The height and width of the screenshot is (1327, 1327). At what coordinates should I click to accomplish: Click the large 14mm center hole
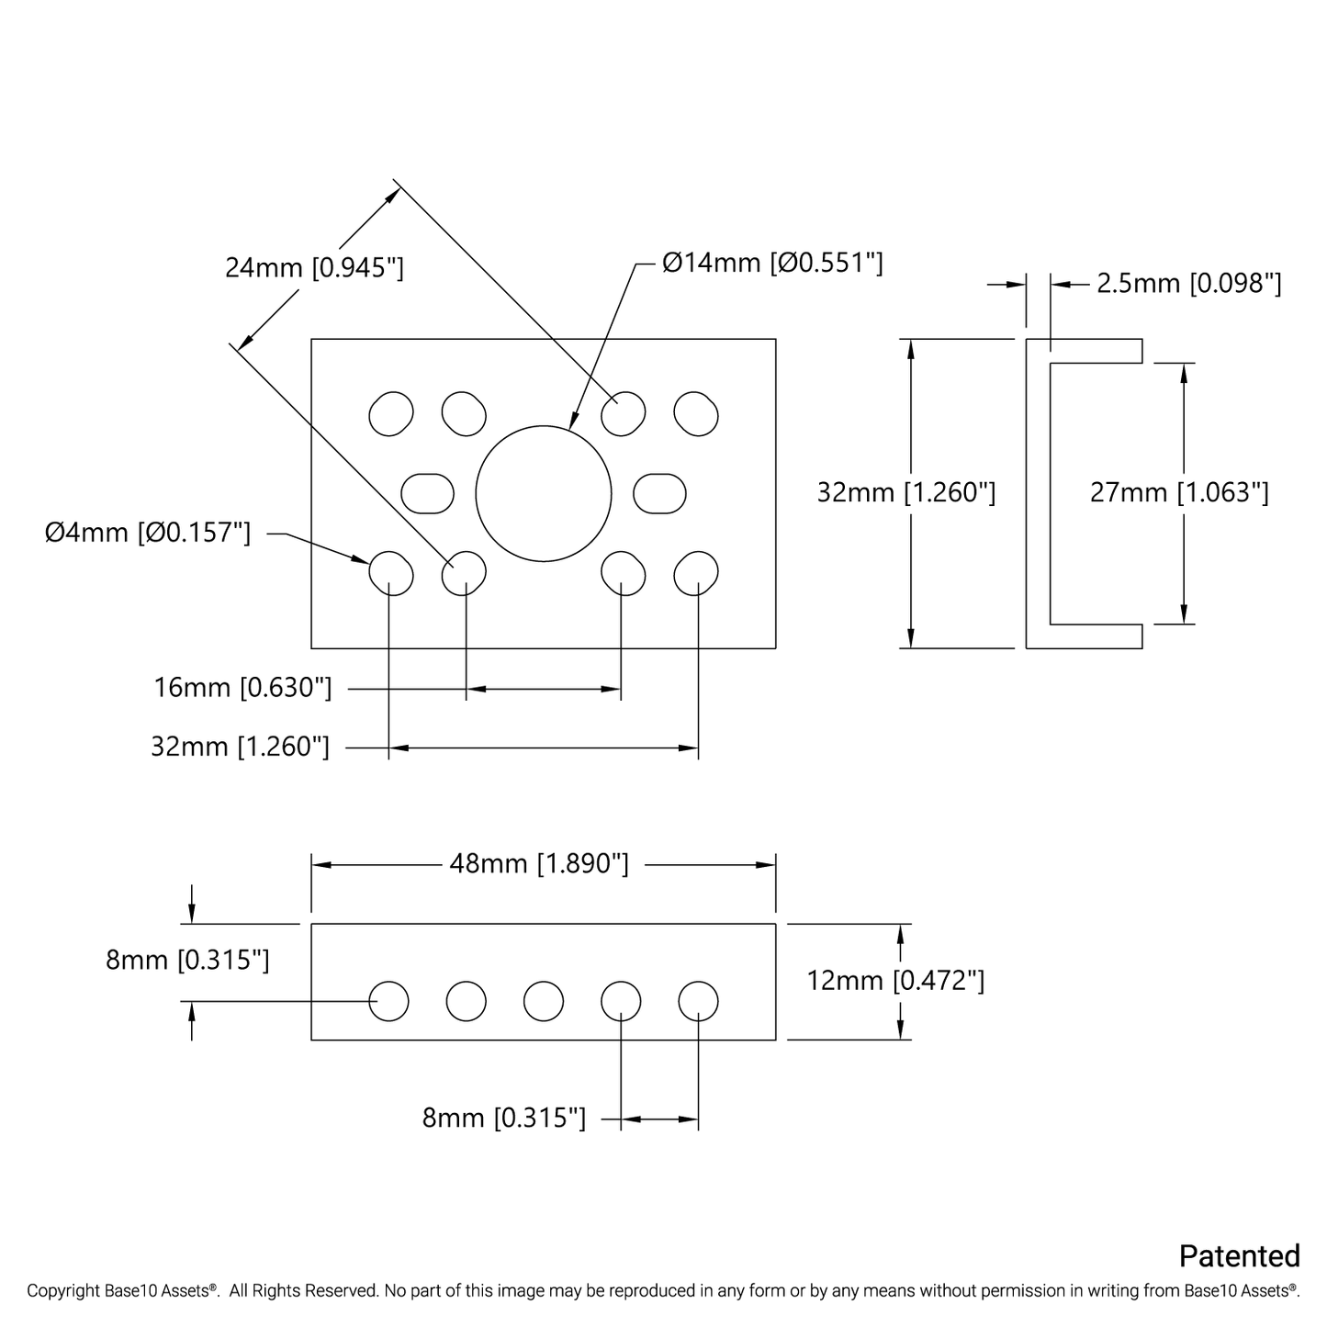click(x=543, y=494)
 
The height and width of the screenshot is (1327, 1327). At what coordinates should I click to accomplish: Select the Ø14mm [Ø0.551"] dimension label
click(x=771, y=264)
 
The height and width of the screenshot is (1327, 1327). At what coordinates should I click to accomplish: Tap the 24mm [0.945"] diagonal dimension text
click(x=314, y=268)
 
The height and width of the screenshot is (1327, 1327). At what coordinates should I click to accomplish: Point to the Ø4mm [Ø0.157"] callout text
click(x=148, y=533)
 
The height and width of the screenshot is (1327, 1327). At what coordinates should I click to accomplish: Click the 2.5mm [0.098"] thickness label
click(x=1188, y=284)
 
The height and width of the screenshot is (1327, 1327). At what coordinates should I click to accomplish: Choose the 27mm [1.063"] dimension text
click(x=1179, y=493)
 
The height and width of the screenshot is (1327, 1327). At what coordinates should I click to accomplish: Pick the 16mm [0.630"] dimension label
click(x=243, y=688)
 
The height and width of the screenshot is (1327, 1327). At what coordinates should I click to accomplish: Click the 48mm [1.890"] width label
click(x=539, y=864)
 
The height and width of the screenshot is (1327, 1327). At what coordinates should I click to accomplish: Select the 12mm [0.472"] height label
click(x=895, y=981)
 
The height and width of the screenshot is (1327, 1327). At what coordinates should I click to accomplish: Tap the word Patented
click(x=1239, y=1256)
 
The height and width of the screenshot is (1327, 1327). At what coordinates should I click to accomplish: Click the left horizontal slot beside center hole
click(x=428, y=493)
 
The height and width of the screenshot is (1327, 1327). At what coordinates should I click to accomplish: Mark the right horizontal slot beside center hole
click(x=659, y=493)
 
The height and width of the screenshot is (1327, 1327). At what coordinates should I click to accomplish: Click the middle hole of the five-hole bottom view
click(x=543, y=1000)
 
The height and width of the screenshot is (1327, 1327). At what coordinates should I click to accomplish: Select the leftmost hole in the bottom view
click(x=388, y=1000)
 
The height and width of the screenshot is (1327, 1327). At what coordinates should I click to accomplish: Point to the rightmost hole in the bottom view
click(x=698, y=1000)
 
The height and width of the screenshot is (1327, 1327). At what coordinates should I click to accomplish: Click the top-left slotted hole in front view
click(x=390, y=413)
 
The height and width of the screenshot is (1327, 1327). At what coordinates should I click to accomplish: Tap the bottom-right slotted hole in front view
click(x=696, y=572)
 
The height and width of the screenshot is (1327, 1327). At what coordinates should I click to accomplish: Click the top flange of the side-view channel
click(x=1093, y=351)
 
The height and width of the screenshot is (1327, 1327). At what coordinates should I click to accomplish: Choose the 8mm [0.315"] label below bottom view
click(x=503, y=1119)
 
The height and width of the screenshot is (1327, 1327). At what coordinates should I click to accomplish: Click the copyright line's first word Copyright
click(x=62, y=1291)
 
